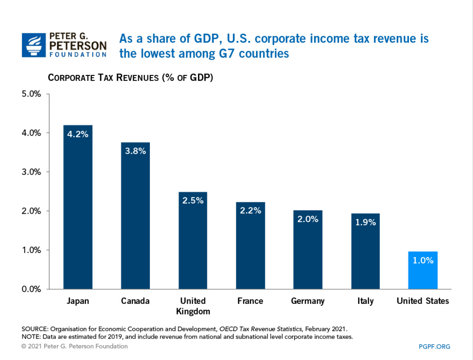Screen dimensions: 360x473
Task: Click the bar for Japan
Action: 77,207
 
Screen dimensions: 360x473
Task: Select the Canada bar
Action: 135,215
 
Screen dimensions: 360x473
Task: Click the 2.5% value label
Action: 193,201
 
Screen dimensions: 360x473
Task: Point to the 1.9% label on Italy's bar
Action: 365,222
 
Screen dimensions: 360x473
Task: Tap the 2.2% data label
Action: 251,211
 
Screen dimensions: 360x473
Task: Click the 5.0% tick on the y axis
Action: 31,94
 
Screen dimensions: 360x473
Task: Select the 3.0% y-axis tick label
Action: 31,172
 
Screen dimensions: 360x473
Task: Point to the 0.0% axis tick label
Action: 31,289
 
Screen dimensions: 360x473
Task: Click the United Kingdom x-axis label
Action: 193,306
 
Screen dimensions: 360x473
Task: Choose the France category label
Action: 250,301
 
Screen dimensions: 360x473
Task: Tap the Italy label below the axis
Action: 365,301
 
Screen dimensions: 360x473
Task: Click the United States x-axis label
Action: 422,301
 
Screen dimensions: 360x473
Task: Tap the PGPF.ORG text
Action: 435,347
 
